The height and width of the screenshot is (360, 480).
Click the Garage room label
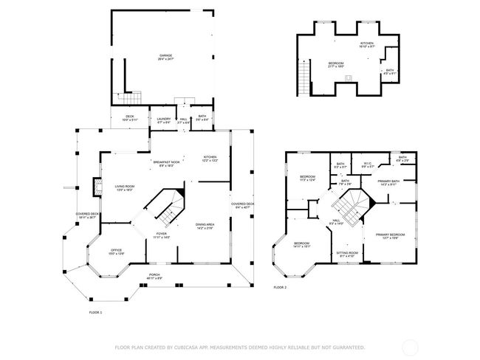tap(166, 57)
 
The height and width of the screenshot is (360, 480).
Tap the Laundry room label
tap(164, 118)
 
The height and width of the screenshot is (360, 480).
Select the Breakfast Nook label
tap(166, 163)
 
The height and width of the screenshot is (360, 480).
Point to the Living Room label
tap(124, 188)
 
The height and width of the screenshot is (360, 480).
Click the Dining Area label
tap(205, 226)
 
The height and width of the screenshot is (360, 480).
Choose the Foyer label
tap(162, 235)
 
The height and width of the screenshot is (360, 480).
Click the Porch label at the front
tap(154, 276)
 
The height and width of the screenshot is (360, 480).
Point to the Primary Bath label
tap(388, 182)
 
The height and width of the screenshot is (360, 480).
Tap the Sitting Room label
tap(347, 254)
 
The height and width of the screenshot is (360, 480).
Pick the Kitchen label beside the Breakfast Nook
tap(210, 158)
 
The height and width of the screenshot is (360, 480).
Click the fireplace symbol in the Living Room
tap(95, 188)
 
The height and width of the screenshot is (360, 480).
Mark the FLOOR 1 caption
tap(95, 313)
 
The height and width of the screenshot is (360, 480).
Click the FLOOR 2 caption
tap(280, 287)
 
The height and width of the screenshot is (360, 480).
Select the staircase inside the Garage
tap(131, 98)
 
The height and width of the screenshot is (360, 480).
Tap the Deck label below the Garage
tap(129, 117)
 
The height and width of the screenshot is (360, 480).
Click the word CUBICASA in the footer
tap(191, 347)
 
